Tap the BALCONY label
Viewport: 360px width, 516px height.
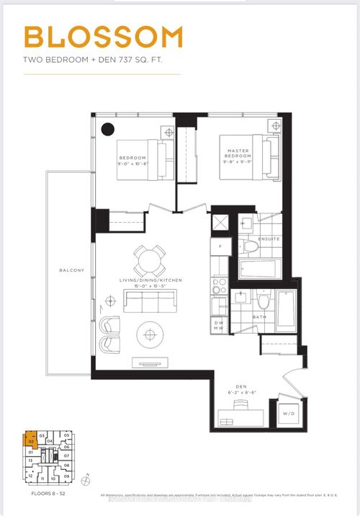point(72,270)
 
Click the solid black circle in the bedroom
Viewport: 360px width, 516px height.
point(107,129)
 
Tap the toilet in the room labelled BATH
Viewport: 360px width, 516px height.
point(264,301)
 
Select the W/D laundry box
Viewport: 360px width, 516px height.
point(291,414)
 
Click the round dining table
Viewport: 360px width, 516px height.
point(148,259)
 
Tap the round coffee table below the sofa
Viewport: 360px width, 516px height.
point(150,334)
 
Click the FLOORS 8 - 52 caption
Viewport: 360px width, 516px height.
point(43,494)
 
